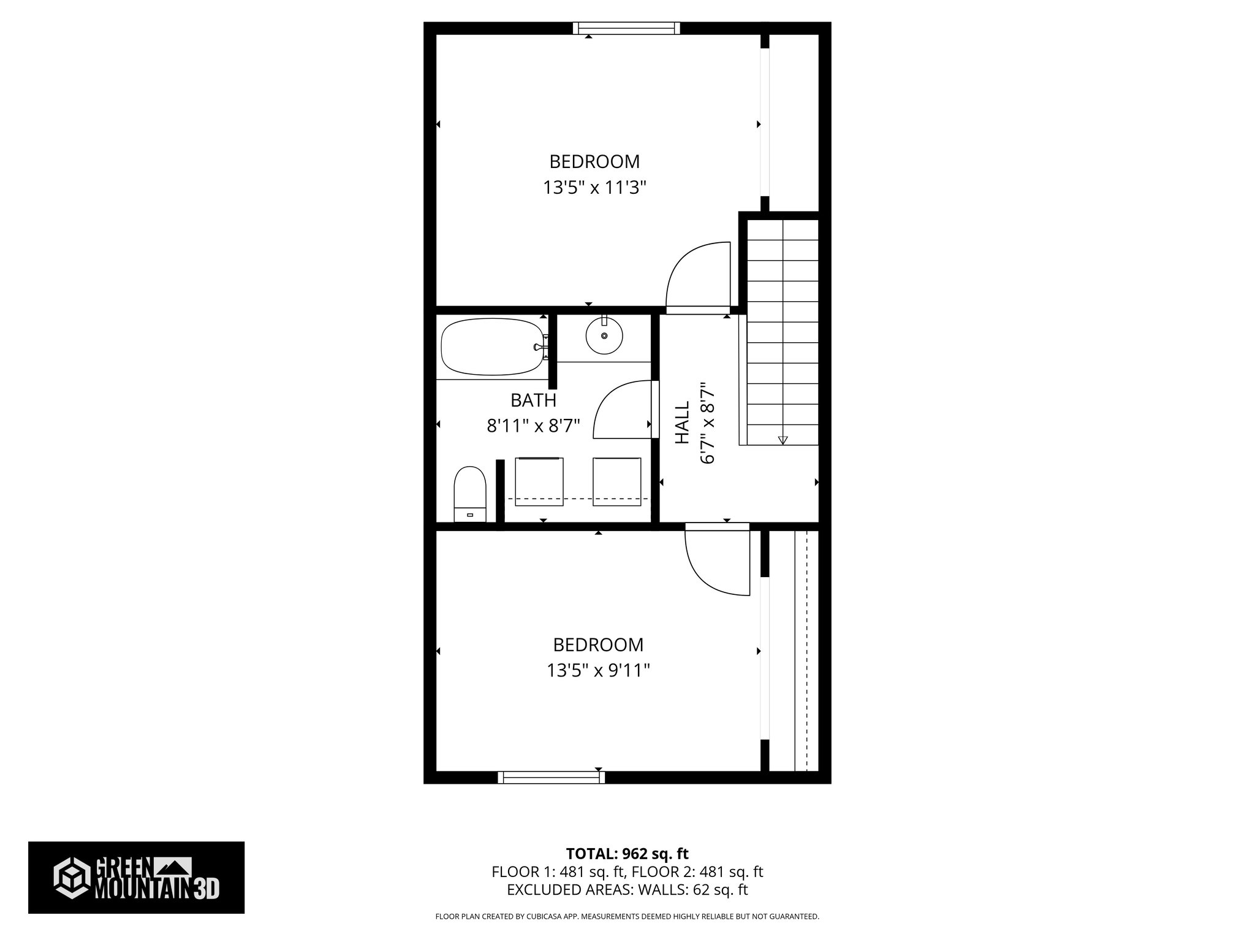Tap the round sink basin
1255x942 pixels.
604,336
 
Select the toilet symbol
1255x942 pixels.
469,493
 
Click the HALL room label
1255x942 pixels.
682,423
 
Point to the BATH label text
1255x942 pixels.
533,400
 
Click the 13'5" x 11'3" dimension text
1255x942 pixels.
594,188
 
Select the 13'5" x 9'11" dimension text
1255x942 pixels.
598,671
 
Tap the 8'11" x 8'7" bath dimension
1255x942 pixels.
533,426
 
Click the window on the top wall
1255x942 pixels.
626,28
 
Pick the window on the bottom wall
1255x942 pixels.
551,778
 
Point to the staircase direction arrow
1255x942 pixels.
783,439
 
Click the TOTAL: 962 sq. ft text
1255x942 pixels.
627,853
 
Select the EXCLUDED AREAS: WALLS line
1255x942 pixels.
627,889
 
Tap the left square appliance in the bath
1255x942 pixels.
539,481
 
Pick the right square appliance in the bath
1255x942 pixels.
616,481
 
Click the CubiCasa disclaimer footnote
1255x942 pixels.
627,917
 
